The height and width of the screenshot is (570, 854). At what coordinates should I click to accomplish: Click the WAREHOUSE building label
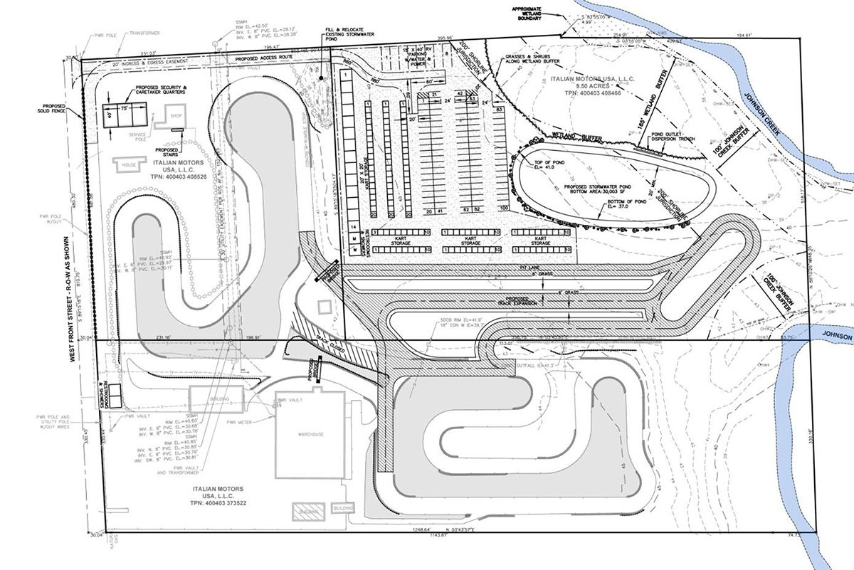[x=311, y=434]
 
